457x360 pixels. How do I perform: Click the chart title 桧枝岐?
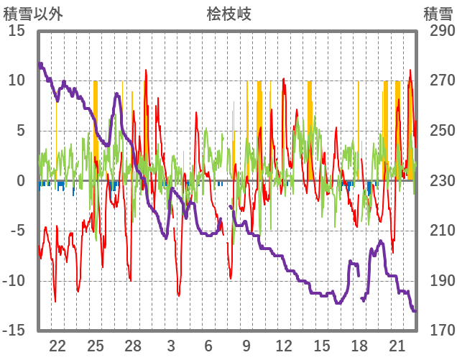(228, 14)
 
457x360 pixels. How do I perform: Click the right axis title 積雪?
(437, 14)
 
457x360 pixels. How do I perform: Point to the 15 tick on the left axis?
(17, 32)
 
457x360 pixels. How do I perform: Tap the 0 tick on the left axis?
(21, 181)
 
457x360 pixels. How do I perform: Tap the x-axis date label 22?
(58, 346)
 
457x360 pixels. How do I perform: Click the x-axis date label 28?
(133, 346)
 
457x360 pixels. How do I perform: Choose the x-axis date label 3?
(171, 346)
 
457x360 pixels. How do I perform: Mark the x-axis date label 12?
(284, 346)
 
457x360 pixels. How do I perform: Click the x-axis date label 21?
(397, 346)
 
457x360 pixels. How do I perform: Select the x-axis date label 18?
(359, 346)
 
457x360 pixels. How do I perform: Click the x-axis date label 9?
(246, 346)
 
